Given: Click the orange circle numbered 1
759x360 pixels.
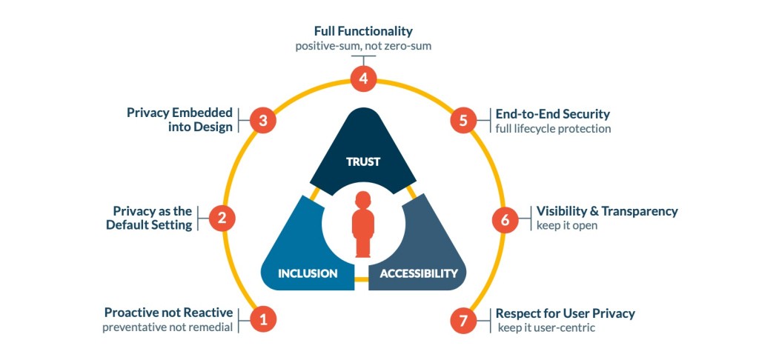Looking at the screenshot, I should click(262, 319).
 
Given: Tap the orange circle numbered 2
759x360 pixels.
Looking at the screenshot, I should click(222, 218).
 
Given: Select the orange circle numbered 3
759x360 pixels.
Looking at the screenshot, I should click(262, 120).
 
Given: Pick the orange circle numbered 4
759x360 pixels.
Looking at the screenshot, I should click(363, 79).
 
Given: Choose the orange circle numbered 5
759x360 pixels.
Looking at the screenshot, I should click(463, 120).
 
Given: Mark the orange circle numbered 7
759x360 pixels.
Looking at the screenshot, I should click(463, 320).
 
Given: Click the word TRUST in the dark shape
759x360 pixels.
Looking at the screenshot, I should click(363, 161).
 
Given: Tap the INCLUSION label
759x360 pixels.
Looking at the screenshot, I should click(308, 273).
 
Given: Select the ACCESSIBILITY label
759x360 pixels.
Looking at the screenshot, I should click(419, 273).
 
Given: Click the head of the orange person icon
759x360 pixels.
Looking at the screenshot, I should click(362, 201).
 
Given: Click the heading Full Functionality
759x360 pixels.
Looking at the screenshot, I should click(362, 32).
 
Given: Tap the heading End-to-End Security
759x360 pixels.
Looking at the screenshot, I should click(553, 114).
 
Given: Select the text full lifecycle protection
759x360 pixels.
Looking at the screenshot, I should click(553, 129).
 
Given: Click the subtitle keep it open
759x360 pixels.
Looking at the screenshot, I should click(567, 225).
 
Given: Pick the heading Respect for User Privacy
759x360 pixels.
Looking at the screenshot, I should click(566, 313).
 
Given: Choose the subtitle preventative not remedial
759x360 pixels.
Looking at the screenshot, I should click(168, 327).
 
